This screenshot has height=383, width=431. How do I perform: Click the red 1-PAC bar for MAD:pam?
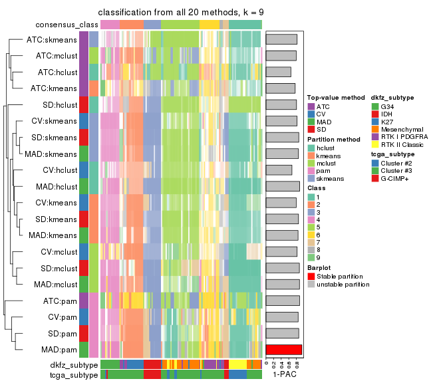click(x=283, y=350)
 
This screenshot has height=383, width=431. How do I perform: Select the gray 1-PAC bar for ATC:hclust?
click(x=278, y=72)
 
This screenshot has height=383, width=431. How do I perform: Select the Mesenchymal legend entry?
click(x=398, y=128)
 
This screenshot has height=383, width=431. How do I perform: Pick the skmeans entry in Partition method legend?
click(x=331, y=178)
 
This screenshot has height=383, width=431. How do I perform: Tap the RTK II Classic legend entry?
click(x=400, y=144)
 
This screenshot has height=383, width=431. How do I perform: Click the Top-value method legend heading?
click(x=331, y=98)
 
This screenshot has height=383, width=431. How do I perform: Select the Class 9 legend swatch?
click(x=311, y=258)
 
